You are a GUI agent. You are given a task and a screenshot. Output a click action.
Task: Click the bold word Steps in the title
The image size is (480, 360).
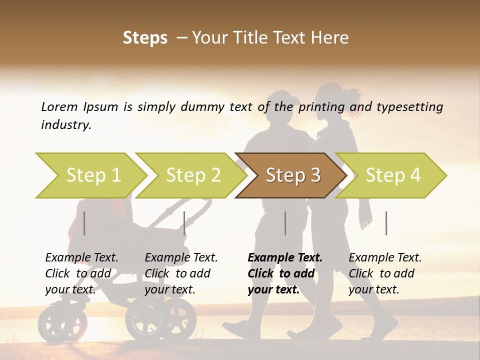click(x=145, y=38)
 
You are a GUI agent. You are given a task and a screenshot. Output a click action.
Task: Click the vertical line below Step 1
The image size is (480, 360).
click(x=84, y=223)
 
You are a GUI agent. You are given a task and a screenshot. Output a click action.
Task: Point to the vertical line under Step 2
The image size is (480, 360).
click(x=184, y=223)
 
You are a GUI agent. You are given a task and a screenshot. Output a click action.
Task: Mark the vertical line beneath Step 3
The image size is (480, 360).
click(x=285, y=223)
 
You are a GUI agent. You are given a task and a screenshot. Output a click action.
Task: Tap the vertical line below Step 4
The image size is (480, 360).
click(x=386, y=223)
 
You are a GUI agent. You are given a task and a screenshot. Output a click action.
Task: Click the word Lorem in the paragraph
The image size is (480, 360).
click(x=59, y=106)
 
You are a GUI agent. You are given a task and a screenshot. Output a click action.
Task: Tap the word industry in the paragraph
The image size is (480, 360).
click(x=65, y=125)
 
